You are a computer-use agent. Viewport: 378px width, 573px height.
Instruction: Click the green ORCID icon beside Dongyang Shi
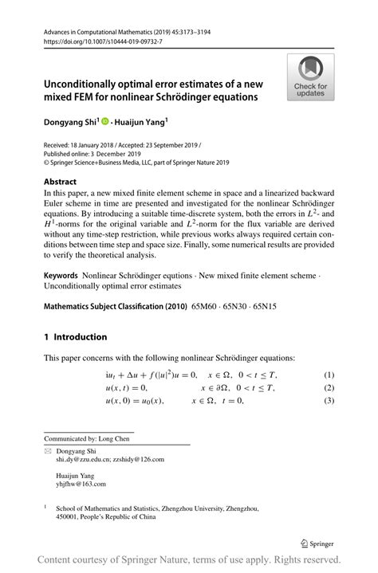(107, 122)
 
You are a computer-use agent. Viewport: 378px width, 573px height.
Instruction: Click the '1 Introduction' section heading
(74, 337)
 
